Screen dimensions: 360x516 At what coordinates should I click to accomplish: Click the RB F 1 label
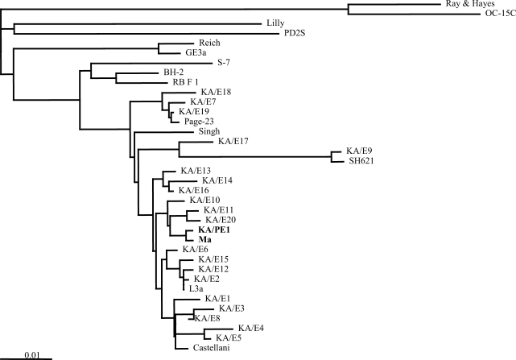click(x=188, y=82)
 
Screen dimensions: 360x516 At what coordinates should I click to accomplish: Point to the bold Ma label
click(x=193, y=239)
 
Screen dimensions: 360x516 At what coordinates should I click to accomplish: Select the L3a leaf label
click(x=196, y=288)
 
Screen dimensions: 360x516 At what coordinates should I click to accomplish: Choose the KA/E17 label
click(x=233, y=142)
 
